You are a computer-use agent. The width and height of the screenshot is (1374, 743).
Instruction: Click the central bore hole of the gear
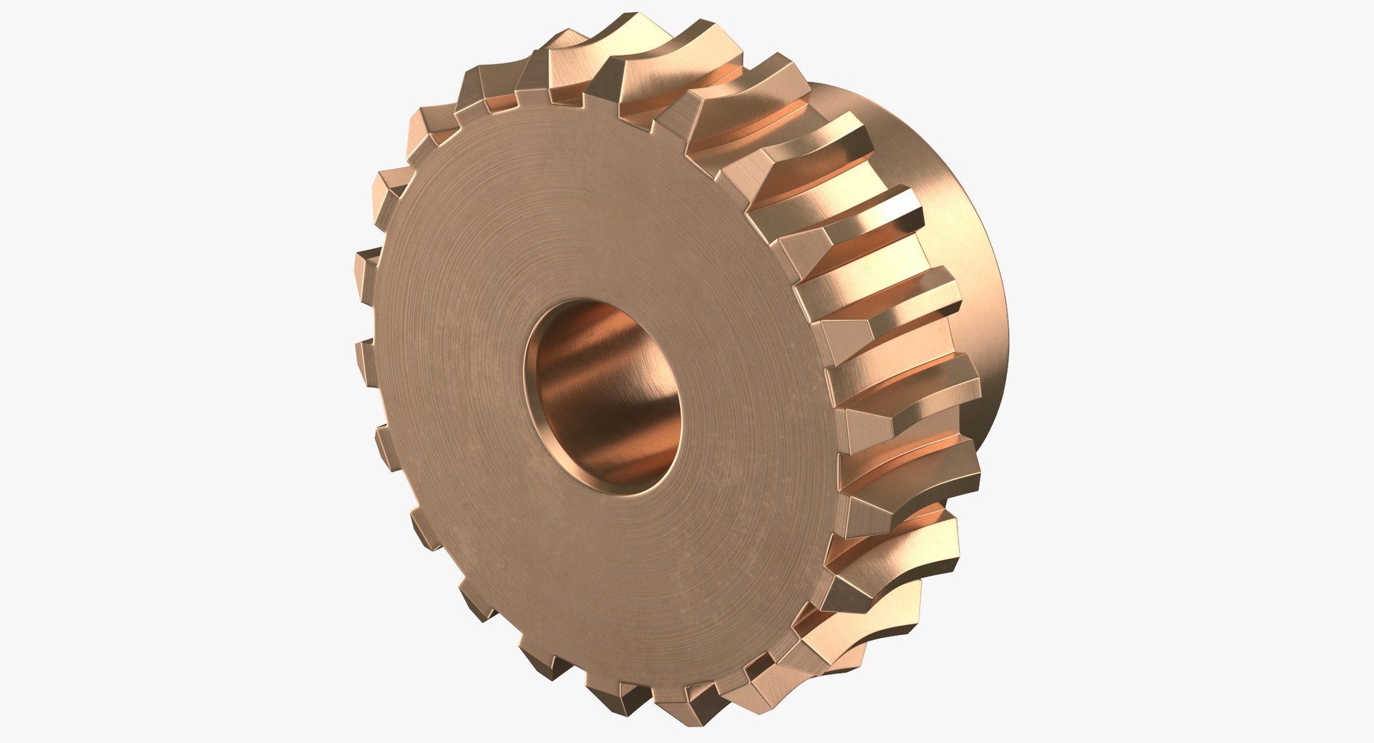[603, 395]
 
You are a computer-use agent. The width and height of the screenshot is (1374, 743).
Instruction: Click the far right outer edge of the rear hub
[1005, 322]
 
